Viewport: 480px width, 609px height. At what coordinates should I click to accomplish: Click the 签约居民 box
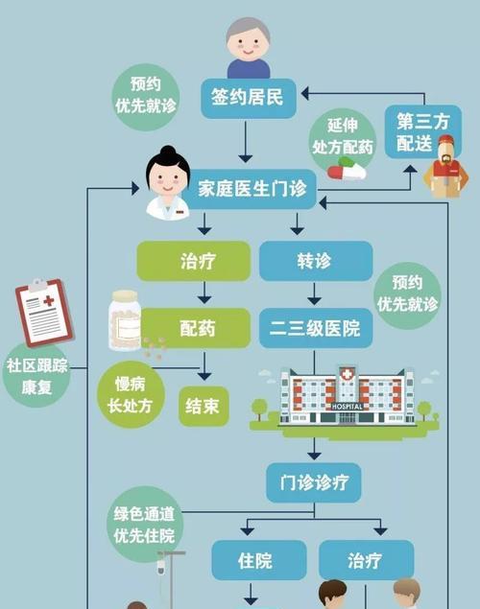point(249,98)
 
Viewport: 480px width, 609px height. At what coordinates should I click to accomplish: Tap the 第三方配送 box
point(422,131)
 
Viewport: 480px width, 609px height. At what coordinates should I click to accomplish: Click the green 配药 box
point(196,328)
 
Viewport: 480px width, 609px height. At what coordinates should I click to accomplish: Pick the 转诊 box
point(316,261)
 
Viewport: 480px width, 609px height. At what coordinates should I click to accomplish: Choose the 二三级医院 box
point(316,328)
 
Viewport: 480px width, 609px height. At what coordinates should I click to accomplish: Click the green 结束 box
point(204,407)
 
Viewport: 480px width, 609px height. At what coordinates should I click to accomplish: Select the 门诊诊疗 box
point(314,482)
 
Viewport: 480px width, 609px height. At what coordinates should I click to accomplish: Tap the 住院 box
point(259,560)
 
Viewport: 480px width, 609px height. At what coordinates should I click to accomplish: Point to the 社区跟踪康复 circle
point(36,375)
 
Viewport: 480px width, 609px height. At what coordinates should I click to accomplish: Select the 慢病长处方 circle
point(131,394)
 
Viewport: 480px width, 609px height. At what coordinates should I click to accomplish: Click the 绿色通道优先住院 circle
point(145,525)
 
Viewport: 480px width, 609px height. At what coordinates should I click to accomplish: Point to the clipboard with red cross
point(44,313)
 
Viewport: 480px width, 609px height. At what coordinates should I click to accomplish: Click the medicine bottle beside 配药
point(125,320)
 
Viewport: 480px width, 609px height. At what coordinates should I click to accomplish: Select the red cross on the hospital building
point(348,374)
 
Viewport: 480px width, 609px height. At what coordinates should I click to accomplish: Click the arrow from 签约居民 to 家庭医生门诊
point(245,141)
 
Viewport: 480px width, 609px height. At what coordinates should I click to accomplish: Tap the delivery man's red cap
point(445,141)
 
